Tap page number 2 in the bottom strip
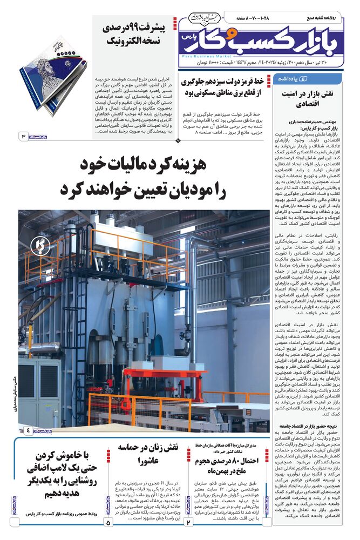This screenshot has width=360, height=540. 189,523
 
